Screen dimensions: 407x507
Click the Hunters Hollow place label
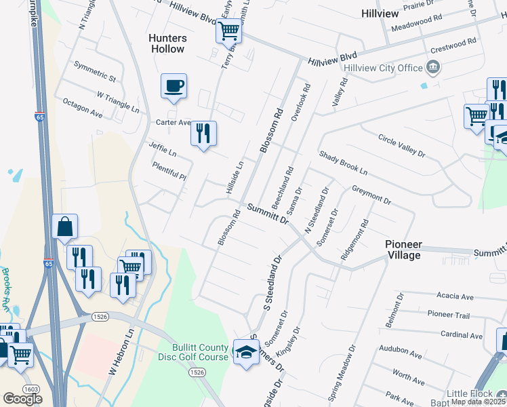coord(167,43)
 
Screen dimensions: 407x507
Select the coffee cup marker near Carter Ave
coord(174,87)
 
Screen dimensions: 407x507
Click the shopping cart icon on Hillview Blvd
coord(229,30)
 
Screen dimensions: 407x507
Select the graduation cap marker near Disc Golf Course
coord(245,351)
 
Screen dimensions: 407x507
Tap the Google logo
coord(22,398)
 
